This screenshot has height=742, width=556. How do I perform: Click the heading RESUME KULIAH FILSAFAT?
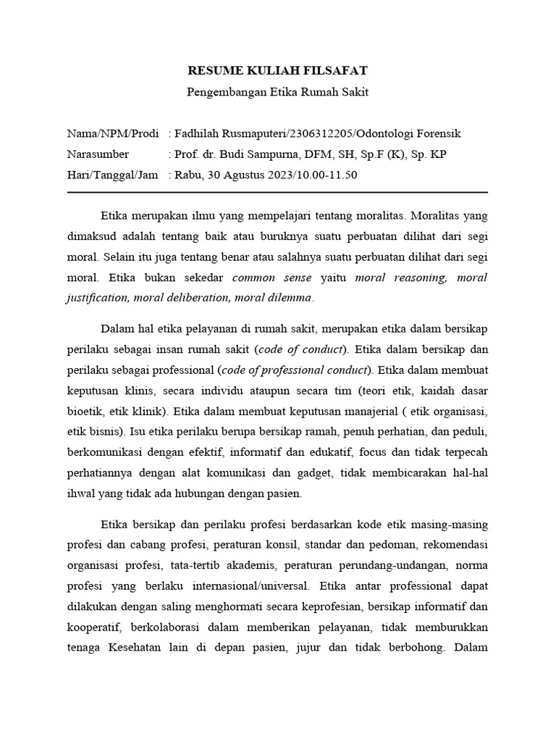pyautogui.click(x=278, y=70)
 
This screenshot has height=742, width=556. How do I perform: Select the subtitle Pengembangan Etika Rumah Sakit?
pyautogui.click(x=278, y=92)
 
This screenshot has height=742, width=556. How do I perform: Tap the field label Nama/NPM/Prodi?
pyautogui.click(x=112, y=134)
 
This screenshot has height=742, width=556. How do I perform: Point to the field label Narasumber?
pyautogui.click(x=98, y=154)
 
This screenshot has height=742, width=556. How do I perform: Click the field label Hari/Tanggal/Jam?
pyautogui.click(x=112, y=175)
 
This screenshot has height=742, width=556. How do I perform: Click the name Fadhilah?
pyautogui.click(x=198, y=134)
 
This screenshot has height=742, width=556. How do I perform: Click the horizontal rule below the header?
pyautogui.click(x=277, y=192)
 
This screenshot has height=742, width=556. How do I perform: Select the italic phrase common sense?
pyautogui.click(x=272, y=278)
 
